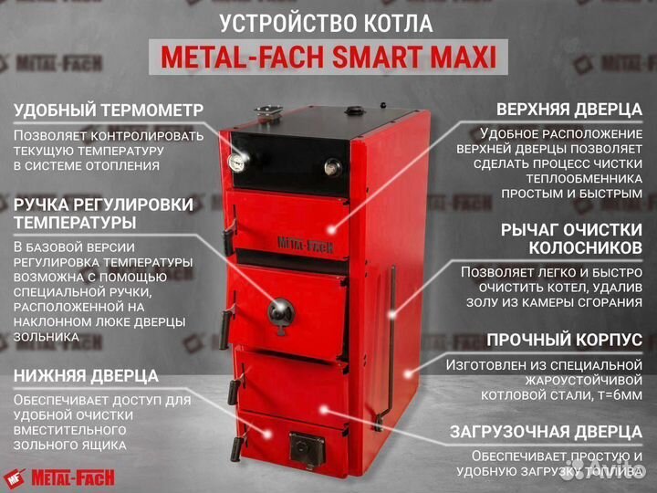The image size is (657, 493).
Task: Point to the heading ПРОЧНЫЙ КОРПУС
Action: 564,340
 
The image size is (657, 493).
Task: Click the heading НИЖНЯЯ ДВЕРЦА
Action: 86,375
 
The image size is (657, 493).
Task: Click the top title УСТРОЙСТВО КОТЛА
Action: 328,24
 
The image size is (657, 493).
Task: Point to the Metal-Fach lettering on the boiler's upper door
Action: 296,242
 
